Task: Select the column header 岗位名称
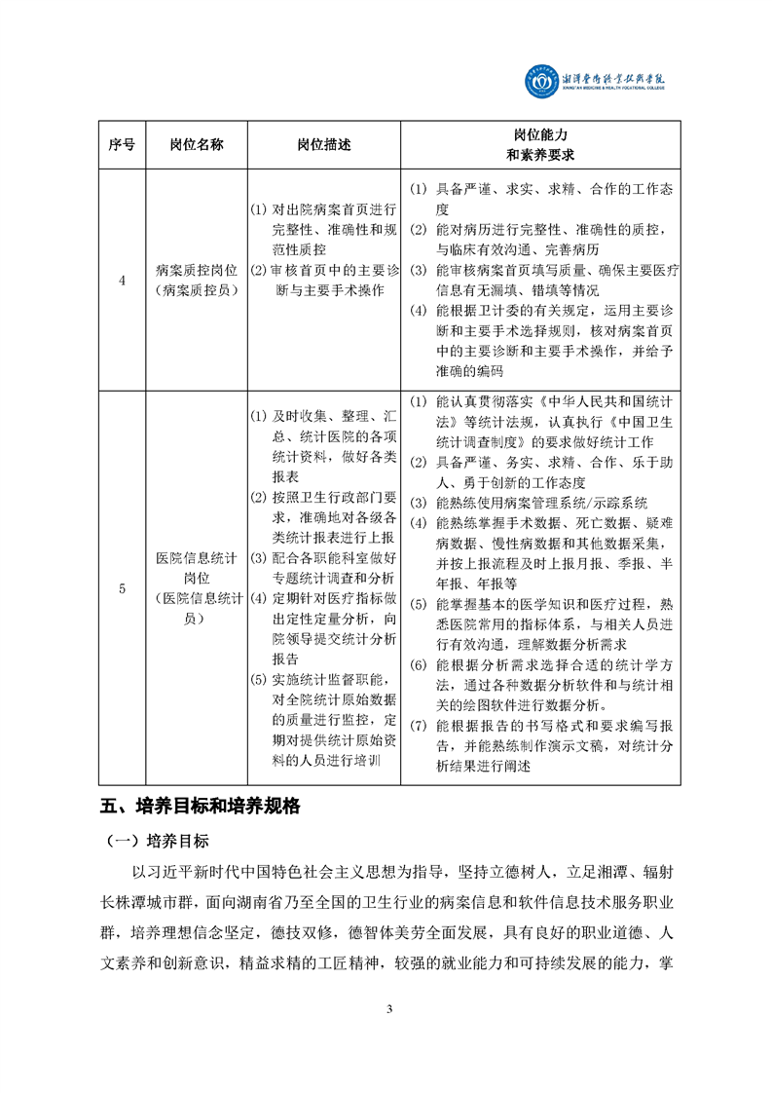[x=196, y=144]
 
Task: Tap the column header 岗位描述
[x=323, y=144]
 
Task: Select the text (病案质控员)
[x=196, y=290]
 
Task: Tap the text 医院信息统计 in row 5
[x=196, y=558]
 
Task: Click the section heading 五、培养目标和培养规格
[x=201, y=807]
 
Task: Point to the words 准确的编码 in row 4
[x=470, y=371]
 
